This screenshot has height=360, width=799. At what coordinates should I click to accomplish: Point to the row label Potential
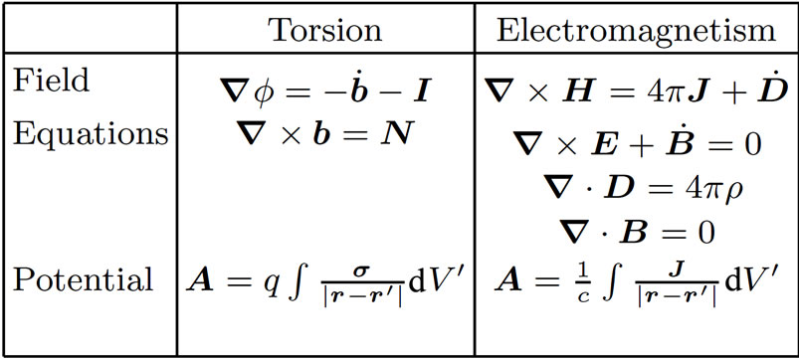83,279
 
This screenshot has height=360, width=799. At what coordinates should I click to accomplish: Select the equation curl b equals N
325,133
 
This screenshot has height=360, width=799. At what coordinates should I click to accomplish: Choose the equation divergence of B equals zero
636,233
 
